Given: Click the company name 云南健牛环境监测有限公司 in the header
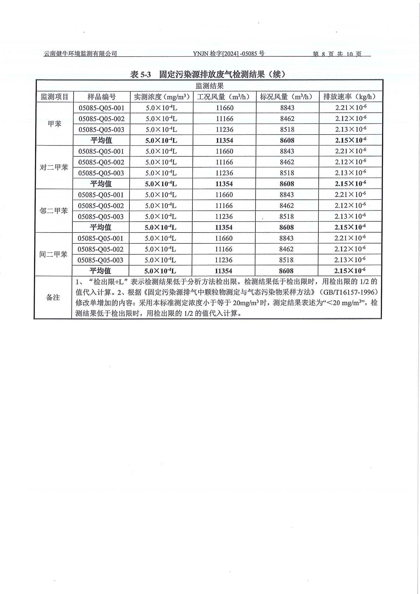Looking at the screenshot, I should coord(80,54).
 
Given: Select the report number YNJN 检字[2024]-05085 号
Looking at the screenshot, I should coord(229,54).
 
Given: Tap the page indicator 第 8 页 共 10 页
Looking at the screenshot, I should coord(337,54).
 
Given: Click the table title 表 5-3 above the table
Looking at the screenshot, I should coord(140,75).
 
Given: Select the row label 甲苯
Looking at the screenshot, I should coord(55,124).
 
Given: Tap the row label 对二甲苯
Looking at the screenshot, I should coord(54,167).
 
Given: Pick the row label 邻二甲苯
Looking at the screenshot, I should coord(54,211).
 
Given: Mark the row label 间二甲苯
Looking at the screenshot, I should coord(53,254).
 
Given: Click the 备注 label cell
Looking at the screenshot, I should coord(53,298).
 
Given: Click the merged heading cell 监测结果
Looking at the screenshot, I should coord(209,86).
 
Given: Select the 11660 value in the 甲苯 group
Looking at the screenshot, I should coord(225,108).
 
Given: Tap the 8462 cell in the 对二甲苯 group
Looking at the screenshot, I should coord(287,162).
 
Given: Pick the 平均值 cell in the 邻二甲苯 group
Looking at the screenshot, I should coord(101,227).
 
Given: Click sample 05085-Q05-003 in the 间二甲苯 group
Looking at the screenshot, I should coord(100,260).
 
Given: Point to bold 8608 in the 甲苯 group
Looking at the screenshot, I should coord(287,140).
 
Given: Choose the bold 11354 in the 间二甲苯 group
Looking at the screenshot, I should coord(224,271).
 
